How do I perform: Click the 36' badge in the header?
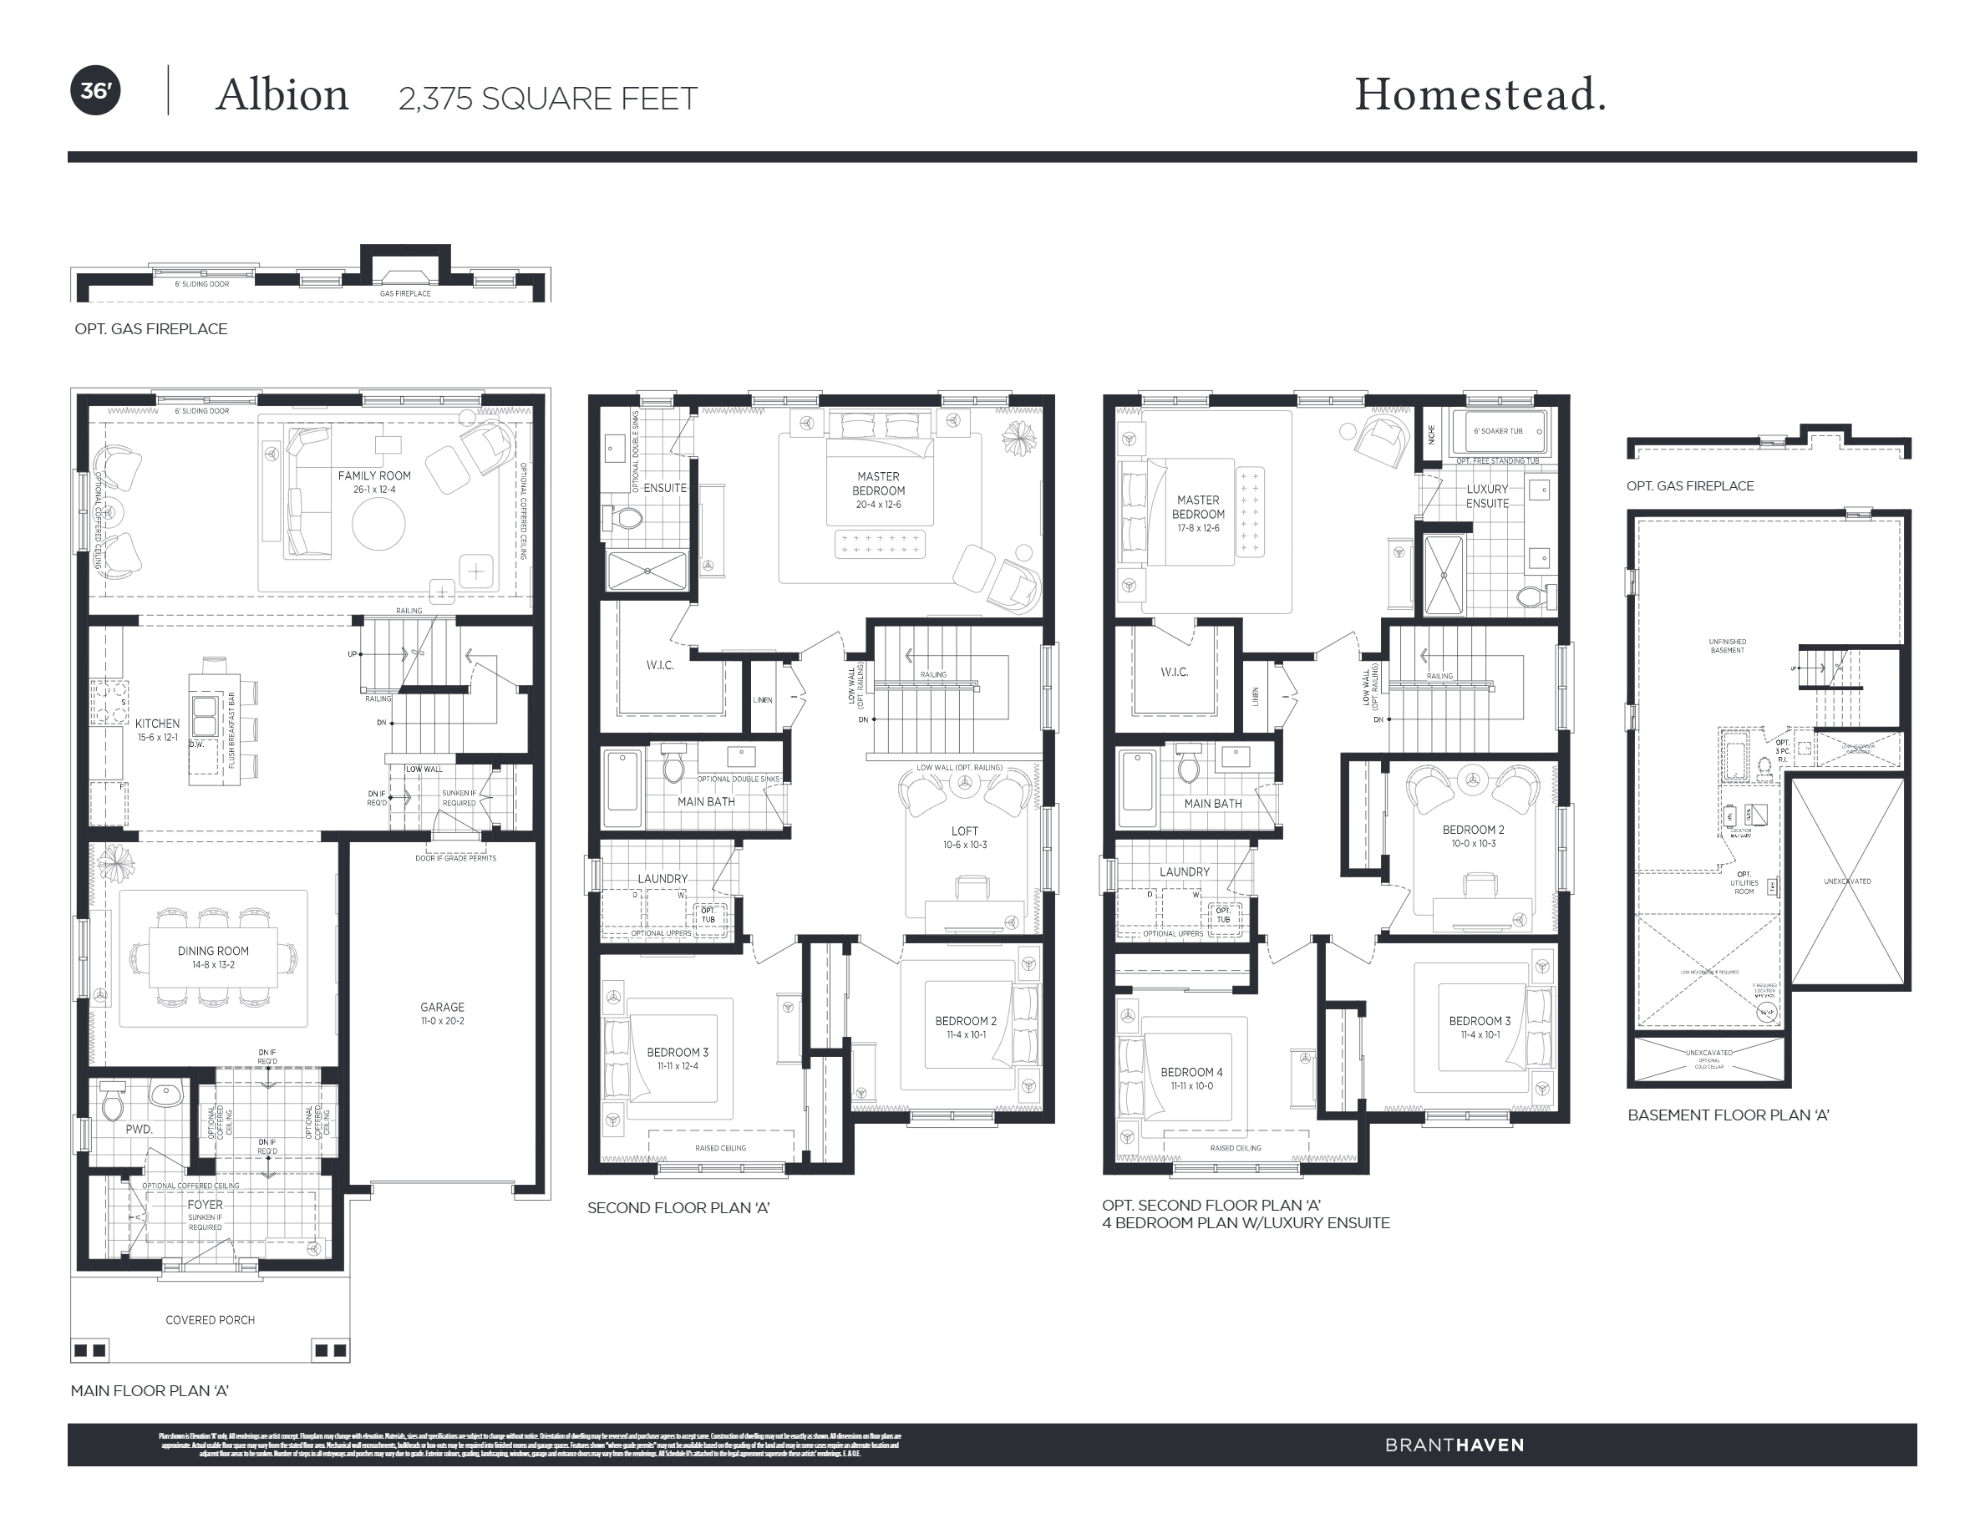pos(95,91)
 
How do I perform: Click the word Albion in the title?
pos(282,95)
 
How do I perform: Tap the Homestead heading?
pos(1480,94)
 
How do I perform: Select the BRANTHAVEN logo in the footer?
pos(1454,1445)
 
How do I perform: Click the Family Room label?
pos(374,475)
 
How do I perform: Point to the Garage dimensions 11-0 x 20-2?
pos(442,1020)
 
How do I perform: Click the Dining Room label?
pos(213,951)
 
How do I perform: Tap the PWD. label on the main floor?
pos(139,1129)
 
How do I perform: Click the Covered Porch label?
pos(210,1319)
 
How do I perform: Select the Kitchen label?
pos(157,724)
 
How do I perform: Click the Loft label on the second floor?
pos(964,830)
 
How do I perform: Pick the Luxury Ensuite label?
pos(1487,495)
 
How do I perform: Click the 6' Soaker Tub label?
pos(1498,431)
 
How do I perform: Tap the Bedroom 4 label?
pos(1190,1071)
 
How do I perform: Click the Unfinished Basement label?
pos(1727,645)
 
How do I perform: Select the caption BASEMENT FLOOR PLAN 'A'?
pos(1728,1115)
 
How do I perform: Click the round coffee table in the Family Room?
pos(378,525)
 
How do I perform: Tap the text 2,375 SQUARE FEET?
pos(547,98)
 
